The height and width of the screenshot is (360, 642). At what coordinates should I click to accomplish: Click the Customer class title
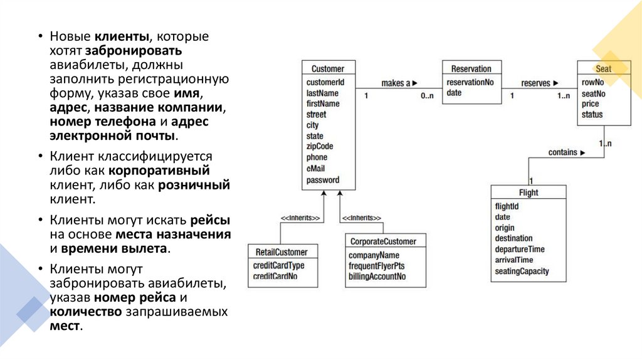[327, 69]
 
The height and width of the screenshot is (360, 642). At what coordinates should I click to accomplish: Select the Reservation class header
[471, 69]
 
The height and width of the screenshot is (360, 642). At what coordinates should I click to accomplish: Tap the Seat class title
[603, 69]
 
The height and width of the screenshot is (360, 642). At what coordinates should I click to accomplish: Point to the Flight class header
[529, 193]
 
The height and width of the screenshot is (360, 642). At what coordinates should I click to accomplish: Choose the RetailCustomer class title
[282, 252]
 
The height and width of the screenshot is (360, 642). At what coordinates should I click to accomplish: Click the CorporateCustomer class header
[382, 241]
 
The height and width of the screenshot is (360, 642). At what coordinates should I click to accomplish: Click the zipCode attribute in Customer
[320, 146]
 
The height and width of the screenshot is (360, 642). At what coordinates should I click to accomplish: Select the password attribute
[322, 180]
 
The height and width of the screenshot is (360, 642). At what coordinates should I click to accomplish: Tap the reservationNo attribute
[470, 82]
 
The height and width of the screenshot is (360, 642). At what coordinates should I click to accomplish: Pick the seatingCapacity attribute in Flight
[522, 271]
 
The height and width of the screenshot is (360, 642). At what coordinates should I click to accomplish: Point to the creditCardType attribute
[278, 265]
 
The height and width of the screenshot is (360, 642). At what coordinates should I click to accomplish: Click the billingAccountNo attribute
[377, 276]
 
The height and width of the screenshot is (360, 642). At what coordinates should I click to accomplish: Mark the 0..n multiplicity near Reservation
[426, 95]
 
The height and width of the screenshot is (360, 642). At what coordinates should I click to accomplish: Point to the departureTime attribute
[520, 249]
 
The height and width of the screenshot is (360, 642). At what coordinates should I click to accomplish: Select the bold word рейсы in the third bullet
[210, 220]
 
